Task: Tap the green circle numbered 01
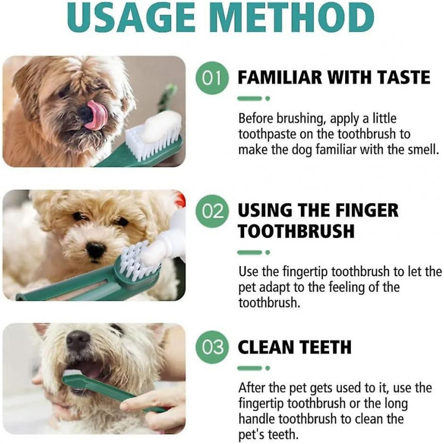[x=212, y=78]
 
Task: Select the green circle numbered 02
[x=212, y=211]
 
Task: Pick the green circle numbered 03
[x=212, y=347]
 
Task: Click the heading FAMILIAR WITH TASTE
[x=334, y=78]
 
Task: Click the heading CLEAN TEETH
[x=294, y=347]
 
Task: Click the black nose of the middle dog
[x=95, y=250]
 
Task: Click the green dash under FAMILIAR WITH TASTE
[x=249, y=98]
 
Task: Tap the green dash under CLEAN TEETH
[x=249, y=368]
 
